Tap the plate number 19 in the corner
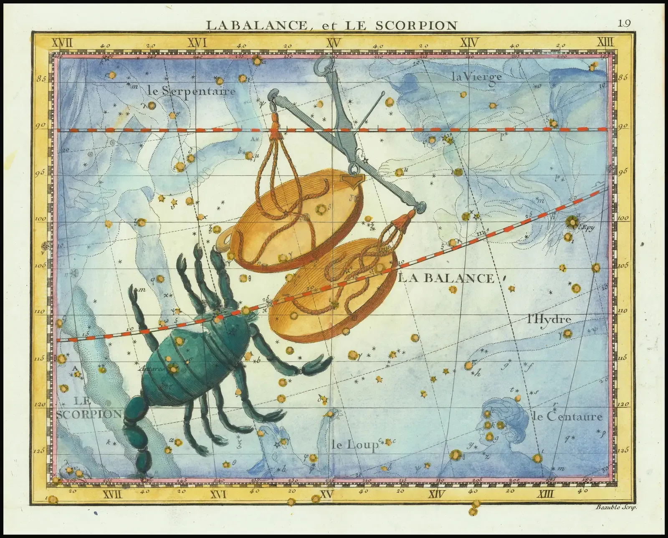click(x=625, y=24)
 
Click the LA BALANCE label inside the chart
click(x=446, y=278)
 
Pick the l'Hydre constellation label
click(x=549, y=320)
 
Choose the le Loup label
click(x=354, y=445)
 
